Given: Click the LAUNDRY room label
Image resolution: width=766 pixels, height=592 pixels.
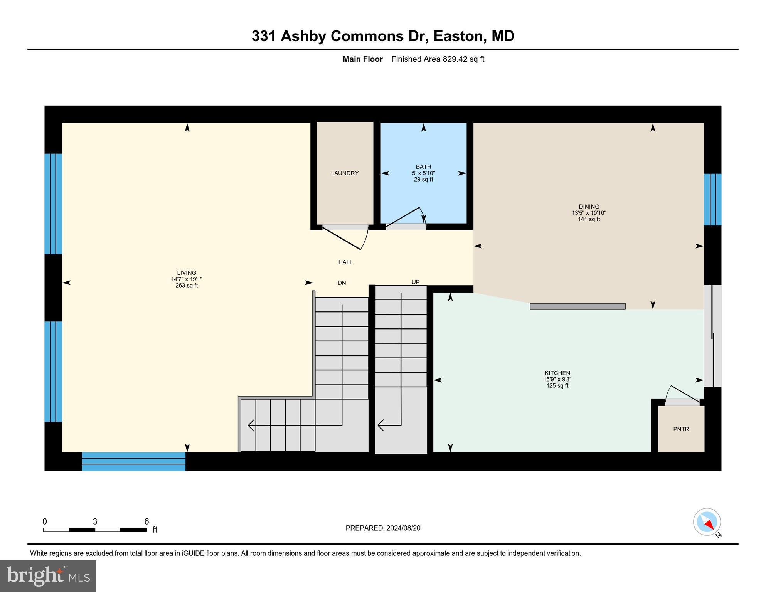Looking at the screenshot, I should tap(345, 173).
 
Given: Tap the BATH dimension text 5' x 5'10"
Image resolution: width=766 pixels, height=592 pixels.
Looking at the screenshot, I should tap(423, 173).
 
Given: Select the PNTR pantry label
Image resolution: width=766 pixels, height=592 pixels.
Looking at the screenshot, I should tap(681, 429).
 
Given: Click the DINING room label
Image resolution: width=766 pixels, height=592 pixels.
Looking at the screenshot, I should tap(589, 207).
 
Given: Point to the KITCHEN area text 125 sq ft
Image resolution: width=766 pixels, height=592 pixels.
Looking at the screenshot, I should tap(557, 386).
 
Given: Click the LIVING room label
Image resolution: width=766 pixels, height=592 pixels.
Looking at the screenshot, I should tap(187, 272).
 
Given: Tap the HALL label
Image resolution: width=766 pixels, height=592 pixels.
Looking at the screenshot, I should tap(345, 262).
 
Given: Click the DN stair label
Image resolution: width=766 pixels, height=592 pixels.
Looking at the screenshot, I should tap(342, 283).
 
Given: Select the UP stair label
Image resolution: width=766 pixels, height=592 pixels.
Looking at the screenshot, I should tap(415, 282).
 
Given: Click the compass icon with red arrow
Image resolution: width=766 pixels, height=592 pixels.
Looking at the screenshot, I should tap(707, 522).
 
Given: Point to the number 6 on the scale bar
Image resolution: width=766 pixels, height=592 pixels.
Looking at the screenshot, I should tap(146, 521).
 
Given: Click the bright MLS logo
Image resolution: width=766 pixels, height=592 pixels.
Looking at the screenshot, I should tap(48, 576).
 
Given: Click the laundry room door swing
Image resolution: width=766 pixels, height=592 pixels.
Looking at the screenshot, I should tap(347, 237).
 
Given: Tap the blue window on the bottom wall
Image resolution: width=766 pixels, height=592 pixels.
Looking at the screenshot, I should tap(133, 461).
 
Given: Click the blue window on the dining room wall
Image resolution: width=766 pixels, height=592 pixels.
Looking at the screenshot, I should tap(712, 199).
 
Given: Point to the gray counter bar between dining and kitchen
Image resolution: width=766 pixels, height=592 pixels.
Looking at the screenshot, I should tap(577, 306).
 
